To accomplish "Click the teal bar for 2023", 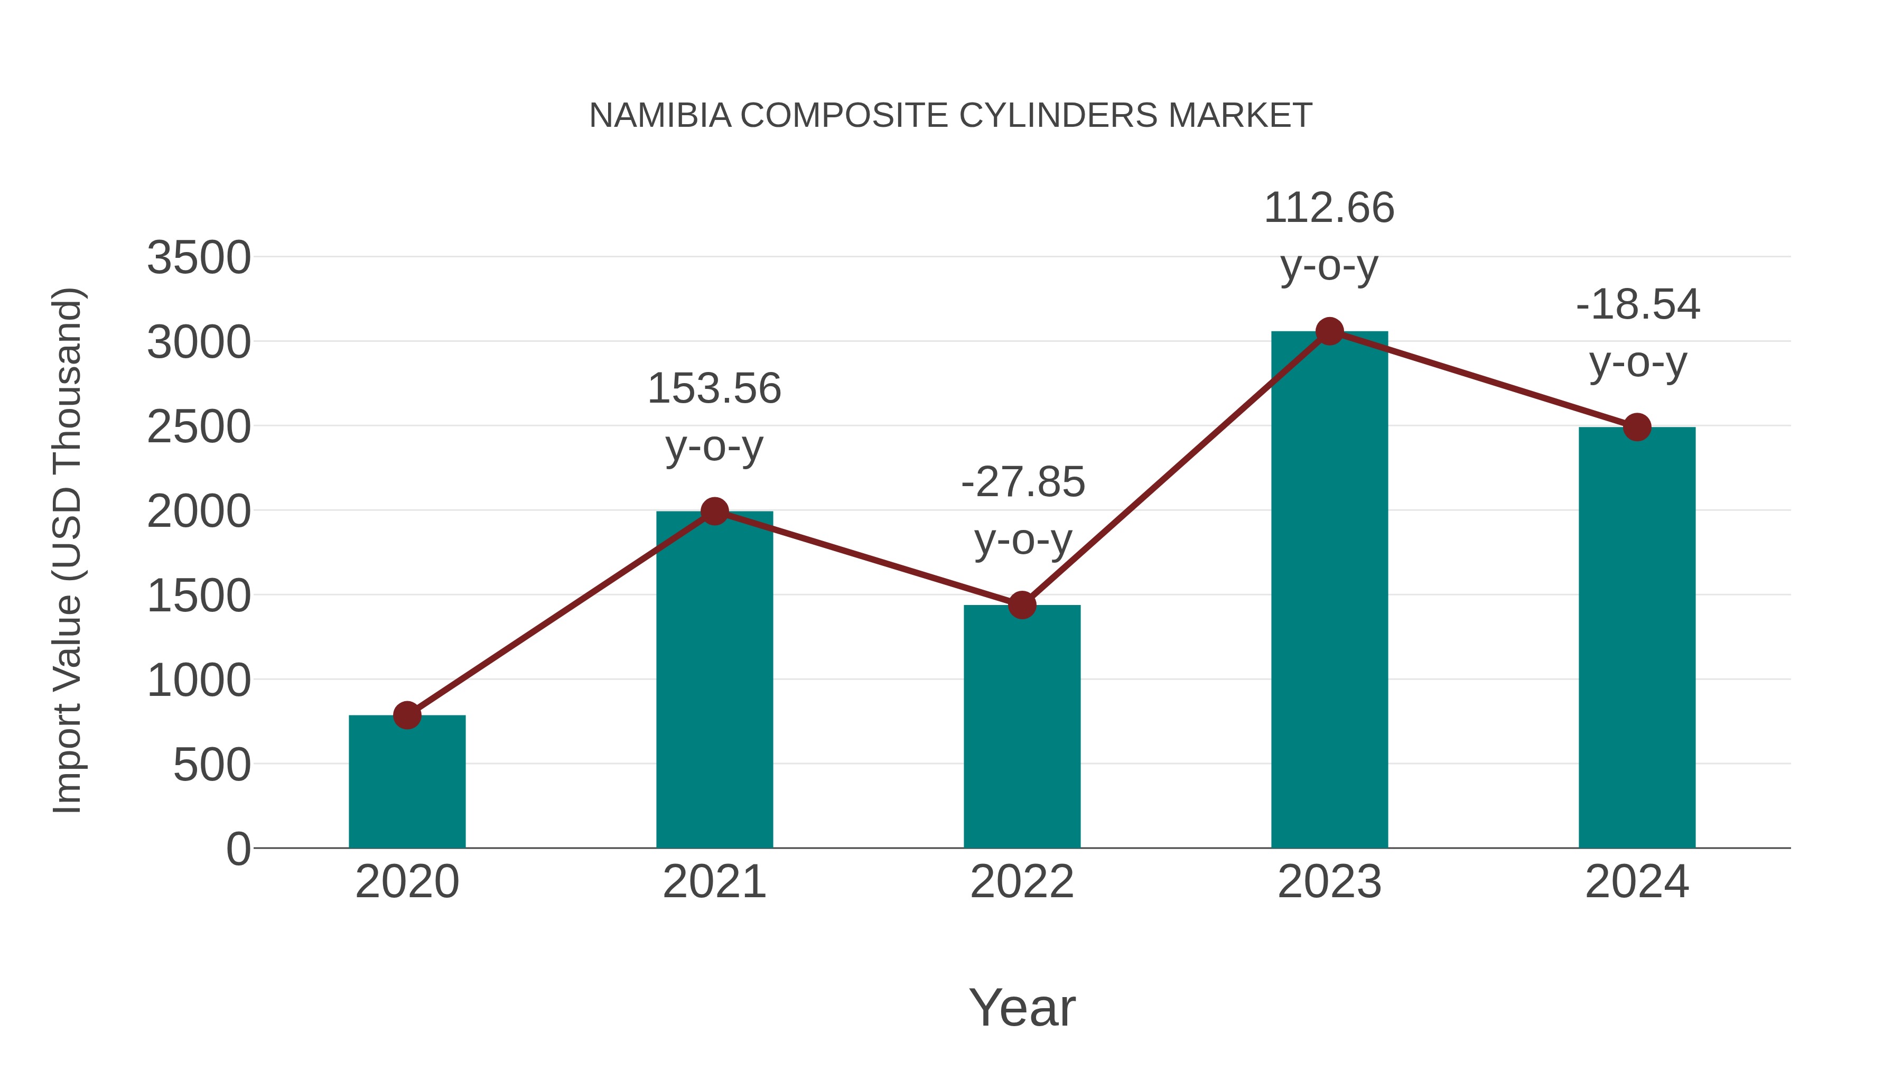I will tap(1329, 591).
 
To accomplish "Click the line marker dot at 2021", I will tap(714, 511).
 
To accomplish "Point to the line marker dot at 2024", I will tap(1637, 427).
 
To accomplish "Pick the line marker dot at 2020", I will tap(407, 715).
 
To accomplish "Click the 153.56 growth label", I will tap(714, 388).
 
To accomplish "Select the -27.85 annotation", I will tap(1023, 482).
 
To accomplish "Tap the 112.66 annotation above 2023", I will tap(1329, 208).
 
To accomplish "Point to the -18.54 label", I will tap(1638, 304).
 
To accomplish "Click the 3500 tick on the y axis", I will tap(199, 258).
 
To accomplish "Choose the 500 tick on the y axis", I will tap(211, 765).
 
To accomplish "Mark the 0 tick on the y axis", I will tap(238, 849).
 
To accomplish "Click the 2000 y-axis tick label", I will tap(199, 511).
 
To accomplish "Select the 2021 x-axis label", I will tap(714, 882).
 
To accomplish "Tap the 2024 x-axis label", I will tap(1637, 882).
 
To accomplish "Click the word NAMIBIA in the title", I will tap(660, 116).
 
